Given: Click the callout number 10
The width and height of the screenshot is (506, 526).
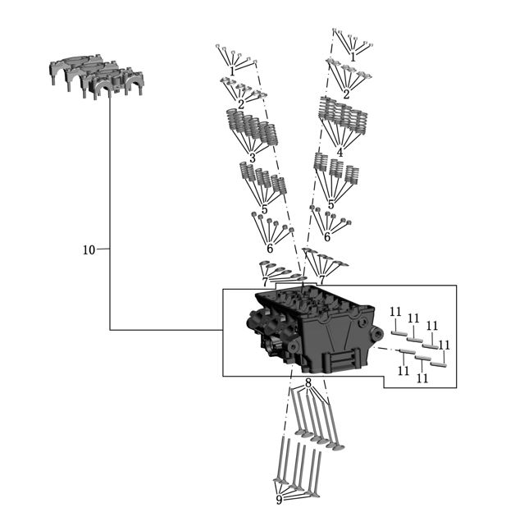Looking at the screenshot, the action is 89,250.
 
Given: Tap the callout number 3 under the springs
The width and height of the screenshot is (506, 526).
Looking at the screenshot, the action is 253,158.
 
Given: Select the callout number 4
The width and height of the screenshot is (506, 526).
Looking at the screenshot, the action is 340,153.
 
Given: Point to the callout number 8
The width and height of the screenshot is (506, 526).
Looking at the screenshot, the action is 308,382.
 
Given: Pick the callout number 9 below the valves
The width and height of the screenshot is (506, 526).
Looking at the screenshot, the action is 280,501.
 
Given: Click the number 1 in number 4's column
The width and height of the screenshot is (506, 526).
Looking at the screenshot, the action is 353,57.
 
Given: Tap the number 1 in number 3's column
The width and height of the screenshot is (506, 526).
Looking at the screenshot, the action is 232,71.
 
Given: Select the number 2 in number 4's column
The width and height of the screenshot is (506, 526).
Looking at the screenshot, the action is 346,94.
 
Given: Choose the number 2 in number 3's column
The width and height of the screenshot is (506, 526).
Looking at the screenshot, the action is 241,105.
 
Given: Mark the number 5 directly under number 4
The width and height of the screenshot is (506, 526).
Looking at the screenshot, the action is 331,204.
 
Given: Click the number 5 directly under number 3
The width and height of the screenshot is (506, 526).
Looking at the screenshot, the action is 265,210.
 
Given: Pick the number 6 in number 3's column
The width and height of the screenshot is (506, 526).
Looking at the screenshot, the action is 270,249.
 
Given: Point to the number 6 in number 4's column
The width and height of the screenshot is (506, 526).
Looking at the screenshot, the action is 327,237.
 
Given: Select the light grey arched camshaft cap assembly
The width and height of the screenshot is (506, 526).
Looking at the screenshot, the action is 97,76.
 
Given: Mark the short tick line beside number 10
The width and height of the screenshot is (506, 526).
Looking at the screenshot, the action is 103,249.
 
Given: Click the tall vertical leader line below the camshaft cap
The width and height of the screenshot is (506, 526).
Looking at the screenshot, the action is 110,214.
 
